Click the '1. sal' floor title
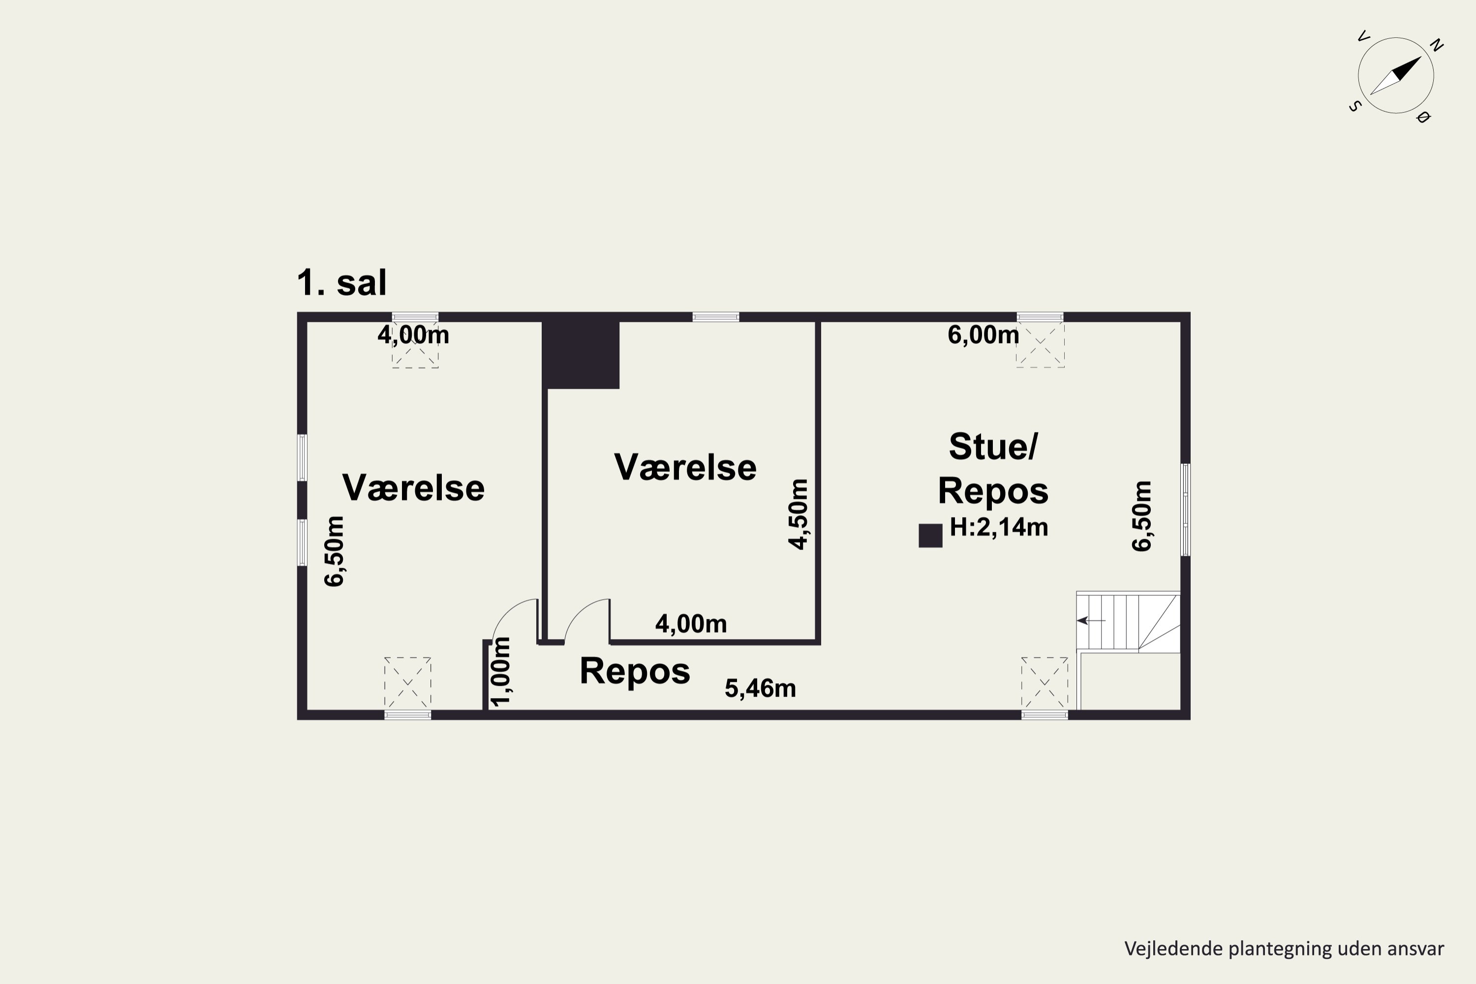pos(341,283)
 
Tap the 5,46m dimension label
pos(760,688)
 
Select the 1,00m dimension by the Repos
pos(501,672)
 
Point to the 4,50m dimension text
pos(799,514)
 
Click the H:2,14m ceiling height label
pos(998,527)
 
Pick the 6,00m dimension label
pos(983,335)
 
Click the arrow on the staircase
pos(1091,620)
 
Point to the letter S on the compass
pos(1353,106)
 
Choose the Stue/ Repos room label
pos(993,468)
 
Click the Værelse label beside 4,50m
pos(685,467)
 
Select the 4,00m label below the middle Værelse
pos(691,623)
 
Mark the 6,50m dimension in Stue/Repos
pos(1141,516)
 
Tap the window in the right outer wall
pos(1185,510)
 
